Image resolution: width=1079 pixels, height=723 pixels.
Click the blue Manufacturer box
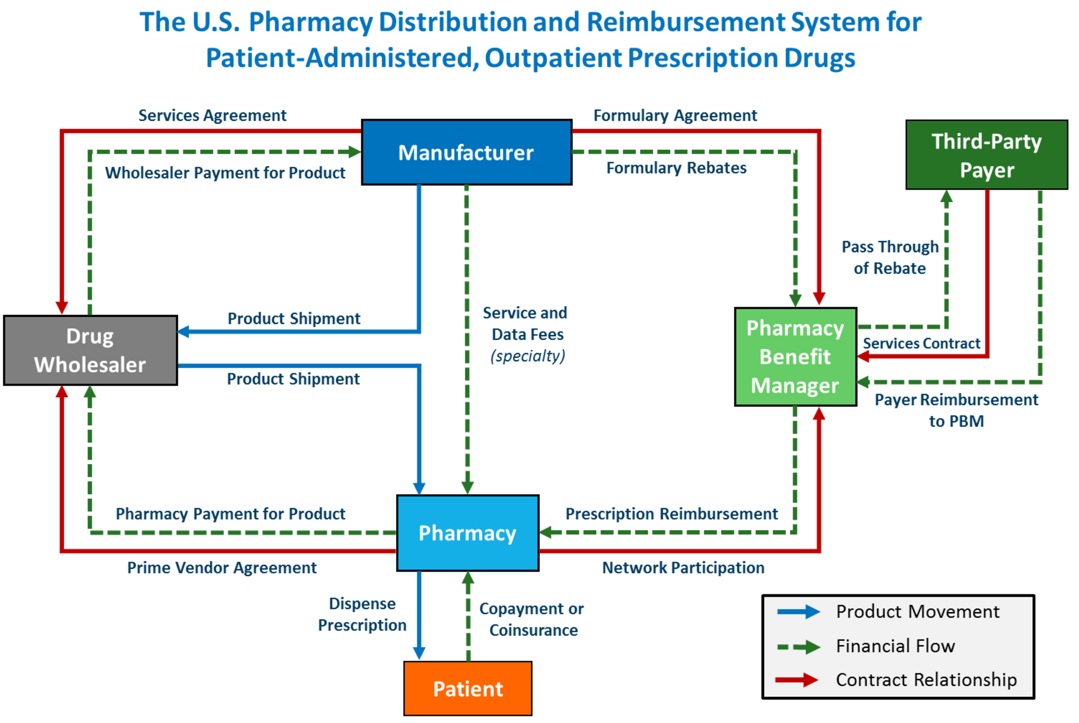[466, 152]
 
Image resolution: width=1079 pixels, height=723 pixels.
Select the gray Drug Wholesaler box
[90, 350]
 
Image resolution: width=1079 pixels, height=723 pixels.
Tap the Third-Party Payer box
[986, 155]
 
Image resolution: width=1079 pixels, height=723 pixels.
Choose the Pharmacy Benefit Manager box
[795, 357]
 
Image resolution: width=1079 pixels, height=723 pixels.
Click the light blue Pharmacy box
[467, 533]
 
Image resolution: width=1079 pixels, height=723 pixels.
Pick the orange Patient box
[467, 688]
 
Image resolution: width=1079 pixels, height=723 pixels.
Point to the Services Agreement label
[212, 115]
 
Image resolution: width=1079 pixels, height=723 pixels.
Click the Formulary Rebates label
[676, 168]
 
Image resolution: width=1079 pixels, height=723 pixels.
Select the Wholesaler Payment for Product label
[225, 173]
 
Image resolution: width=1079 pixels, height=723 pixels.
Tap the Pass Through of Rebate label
[889, 257]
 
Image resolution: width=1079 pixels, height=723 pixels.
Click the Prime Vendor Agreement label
[221, 567]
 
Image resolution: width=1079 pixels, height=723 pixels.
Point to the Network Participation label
[683, 567]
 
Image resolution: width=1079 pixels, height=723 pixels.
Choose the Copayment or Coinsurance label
[532, 619]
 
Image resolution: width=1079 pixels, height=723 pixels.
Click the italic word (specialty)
[528, 356]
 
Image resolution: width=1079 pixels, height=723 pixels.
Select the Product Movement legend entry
[917, 612]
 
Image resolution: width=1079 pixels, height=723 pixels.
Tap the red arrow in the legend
[797, 680]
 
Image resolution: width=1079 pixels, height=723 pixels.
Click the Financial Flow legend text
[895, 646]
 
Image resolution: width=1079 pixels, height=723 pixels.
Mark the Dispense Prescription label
[362, 614]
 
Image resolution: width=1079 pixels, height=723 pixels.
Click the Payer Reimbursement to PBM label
[956, 410]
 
